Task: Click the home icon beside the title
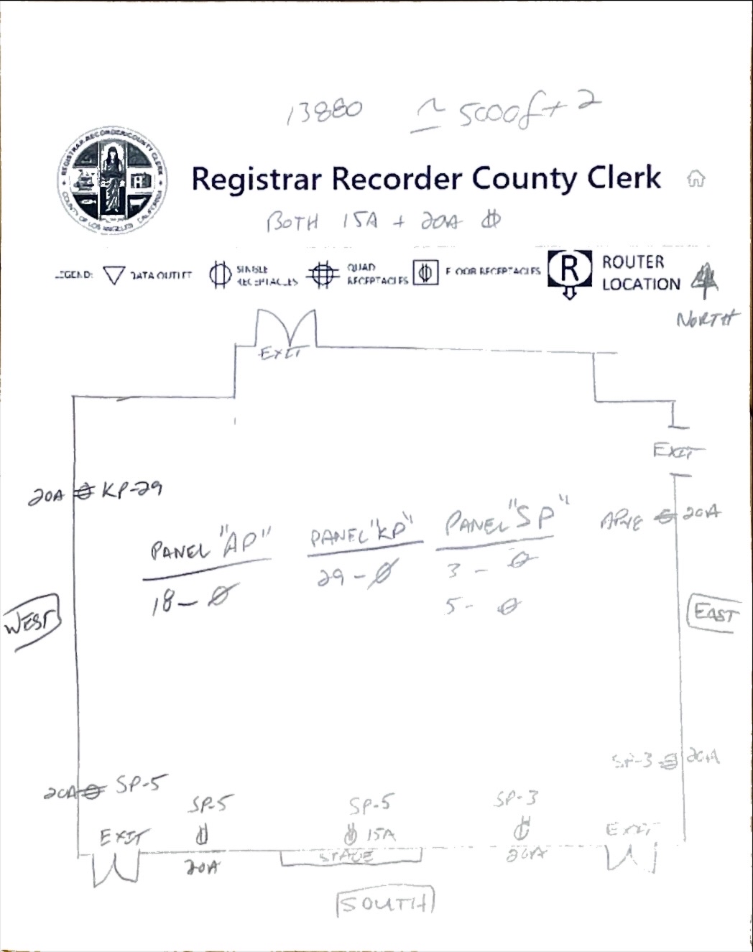[696, 179]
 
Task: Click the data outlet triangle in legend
[114, 276]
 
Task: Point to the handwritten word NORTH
[707, 318]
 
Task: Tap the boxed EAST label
[713, 613]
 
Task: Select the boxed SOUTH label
[387, 902]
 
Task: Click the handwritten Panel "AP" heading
[209, 549]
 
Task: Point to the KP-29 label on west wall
[131, 490]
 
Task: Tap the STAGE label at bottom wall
[346, 856]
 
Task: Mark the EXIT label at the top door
[282, 353]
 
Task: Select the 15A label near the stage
[380, 835]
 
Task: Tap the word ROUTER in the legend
[633, 262]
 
